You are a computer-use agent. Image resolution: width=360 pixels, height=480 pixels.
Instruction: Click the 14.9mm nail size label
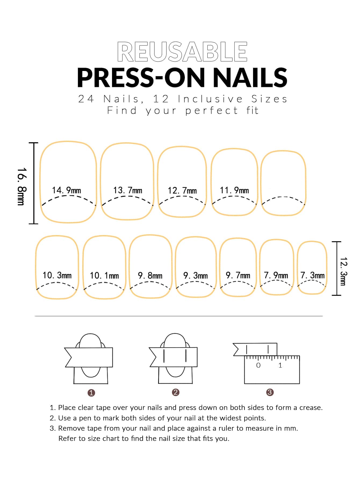66,190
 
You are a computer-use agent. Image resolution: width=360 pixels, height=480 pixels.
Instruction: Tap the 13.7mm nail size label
128,190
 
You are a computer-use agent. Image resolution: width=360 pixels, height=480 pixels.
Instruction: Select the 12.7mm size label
182,191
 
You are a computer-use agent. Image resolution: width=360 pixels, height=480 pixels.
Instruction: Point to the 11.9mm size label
234,190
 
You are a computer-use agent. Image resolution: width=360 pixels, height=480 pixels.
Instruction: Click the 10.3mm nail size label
57,275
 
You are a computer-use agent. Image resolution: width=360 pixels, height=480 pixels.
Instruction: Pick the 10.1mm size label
104,276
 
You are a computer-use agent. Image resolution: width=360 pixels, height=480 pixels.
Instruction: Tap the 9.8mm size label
150,276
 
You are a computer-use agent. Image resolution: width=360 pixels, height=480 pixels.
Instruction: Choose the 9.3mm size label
196,276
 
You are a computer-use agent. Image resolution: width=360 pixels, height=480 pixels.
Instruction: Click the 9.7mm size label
238,275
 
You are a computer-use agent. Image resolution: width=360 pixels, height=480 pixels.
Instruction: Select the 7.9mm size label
276,275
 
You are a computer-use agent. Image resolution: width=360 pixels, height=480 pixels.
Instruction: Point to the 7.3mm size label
312,275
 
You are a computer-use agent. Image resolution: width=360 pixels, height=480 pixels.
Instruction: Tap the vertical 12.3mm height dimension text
344,271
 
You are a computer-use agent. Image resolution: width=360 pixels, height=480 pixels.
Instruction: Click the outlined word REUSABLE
182,52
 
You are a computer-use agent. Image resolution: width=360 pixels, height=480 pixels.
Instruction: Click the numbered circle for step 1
91,393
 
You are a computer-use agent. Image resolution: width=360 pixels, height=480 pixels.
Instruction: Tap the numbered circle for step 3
270,392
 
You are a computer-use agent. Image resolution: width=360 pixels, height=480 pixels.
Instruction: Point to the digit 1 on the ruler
280,365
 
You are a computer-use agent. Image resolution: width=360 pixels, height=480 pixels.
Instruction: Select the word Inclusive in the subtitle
210,99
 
